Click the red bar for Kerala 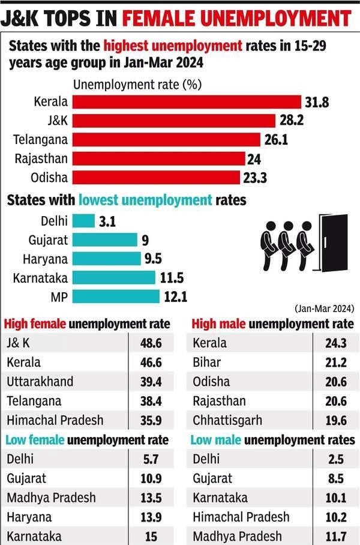tap(186, 101)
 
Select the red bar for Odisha tap(155, 178)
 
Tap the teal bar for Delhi tap(83, 220)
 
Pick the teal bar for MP tap(116, 297)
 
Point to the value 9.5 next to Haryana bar tap(152, 259)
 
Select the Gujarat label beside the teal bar tap(48, 240)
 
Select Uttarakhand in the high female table tap(40, 382)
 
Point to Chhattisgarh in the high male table tap(227, 420)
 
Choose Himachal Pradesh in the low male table tap(241, 517)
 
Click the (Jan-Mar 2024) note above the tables tap(323, 308)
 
